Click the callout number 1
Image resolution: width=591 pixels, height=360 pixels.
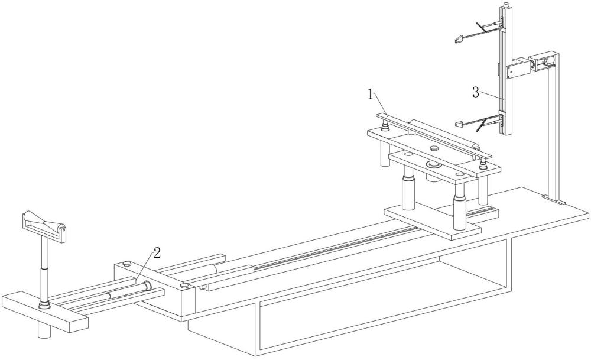coord(371,94)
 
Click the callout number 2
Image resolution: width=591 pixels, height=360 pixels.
coord(157,253)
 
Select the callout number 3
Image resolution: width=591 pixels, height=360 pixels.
coord(476,92)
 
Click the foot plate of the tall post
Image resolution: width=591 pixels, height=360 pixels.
coord(554,199)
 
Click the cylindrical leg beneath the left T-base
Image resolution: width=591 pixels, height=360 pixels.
coord(44,330)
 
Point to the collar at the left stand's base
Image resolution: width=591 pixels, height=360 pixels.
coord(44,304)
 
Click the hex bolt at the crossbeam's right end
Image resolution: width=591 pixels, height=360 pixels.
coord(184,286)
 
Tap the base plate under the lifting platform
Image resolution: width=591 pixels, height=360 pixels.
coord(432,221)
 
